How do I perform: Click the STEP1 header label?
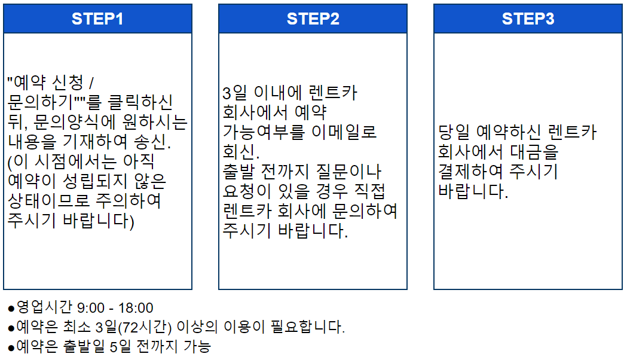[97, 19]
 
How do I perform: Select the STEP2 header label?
[313, 19]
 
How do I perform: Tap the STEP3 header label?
[528, 19]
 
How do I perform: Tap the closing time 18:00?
[136, 309]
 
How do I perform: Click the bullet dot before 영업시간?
[11, 309]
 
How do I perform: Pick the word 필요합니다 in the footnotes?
[314, 328]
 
